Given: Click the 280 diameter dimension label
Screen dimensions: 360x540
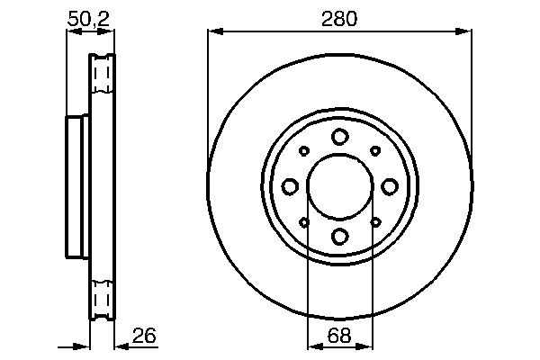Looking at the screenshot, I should click(x=340, y=18).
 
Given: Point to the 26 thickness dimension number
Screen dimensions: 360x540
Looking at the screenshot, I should click(x=145, y=336).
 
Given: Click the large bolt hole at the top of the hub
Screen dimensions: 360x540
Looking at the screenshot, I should click(x=339, y=137).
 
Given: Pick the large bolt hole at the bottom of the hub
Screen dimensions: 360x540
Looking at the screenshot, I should click(x=339, y=236).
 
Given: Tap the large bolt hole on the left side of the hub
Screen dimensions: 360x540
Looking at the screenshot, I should click(x=290, y=186).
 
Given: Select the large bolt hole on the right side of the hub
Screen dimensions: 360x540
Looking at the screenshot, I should click(x=389, y=186).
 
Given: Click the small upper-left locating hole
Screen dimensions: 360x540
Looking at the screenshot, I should click(x=304, y=151).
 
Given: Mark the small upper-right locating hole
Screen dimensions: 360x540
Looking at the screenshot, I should click(x=375, y=151).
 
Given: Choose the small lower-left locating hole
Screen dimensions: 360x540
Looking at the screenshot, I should click(x=304, y=222).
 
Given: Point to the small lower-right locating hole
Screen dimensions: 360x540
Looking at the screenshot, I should click(x=375, y=222).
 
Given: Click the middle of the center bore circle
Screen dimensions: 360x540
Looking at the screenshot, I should click(x=339, y=186).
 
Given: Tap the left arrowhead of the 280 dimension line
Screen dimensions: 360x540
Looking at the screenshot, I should click(x=213, y=32).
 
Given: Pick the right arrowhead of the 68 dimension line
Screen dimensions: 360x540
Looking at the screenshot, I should click(x=366, y=346).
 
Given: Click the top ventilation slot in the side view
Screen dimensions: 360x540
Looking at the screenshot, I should click(x=103, y=73).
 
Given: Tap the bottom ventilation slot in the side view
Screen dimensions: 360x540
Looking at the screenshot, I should click(x=103, y=298).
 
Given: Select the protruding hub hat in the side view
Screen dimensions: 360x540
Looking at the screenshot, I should click(x=77, y=186).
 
